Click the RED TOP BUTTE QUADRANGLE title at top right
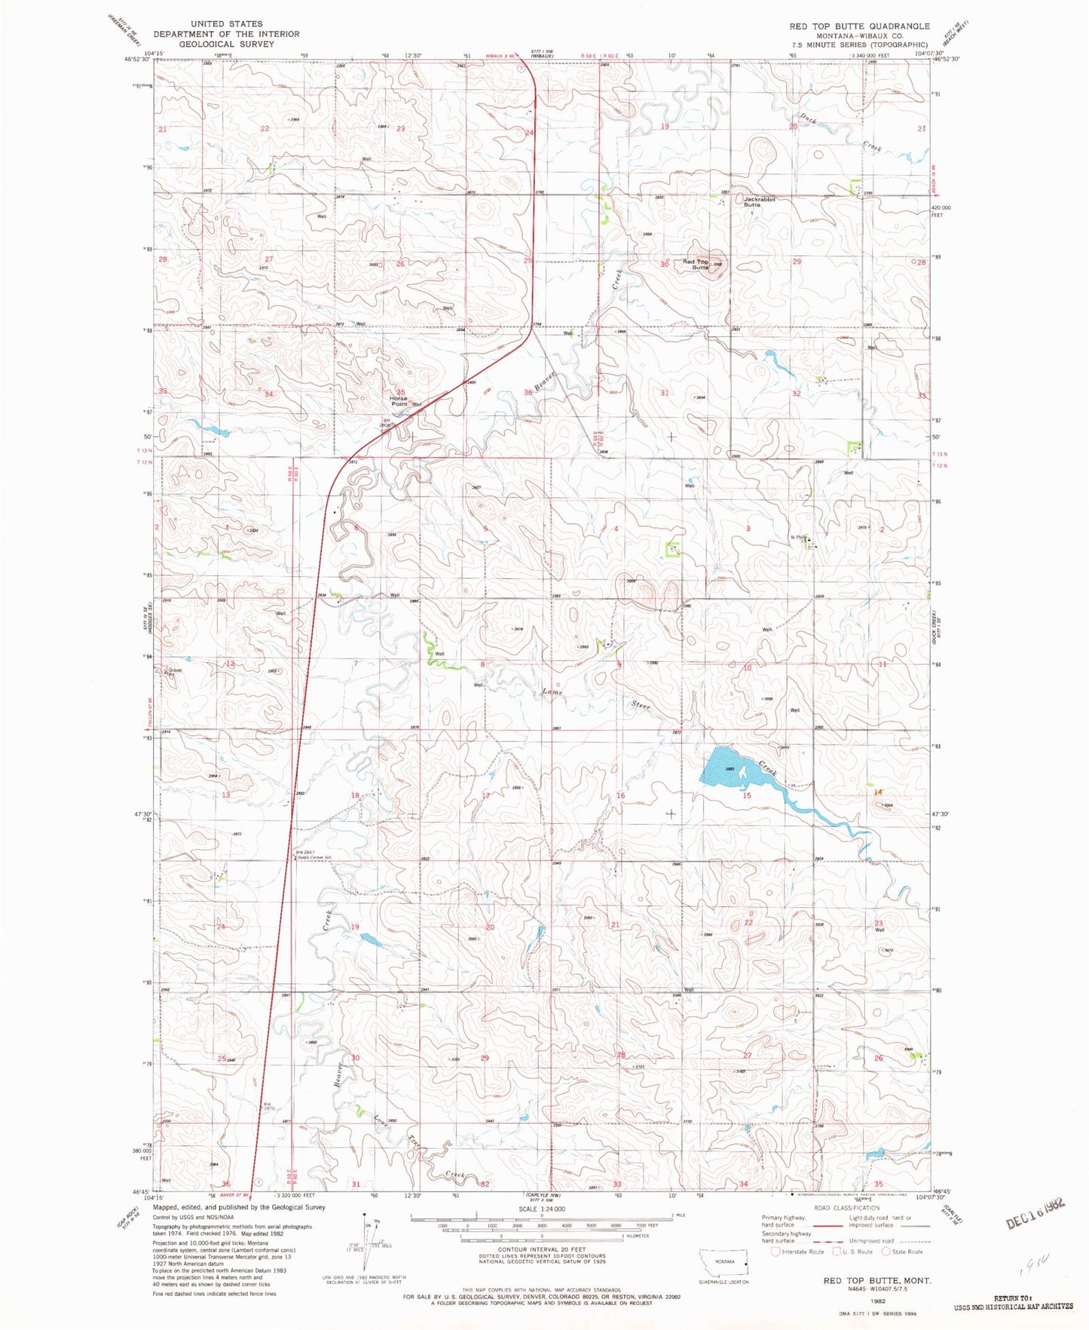pos(859,26)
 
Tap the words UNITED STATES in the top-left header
pos(226,24)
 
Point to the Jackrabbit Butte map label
pos(758,202)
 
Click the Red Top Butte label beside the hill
pos(696,265)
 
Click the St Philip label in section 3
pos(798,538)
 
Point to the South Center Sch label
pos(314,858)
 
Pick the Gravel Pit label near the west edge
pos(174,671)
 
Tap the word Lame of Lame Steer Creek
pos(553,692)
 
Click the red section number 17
pos(486,796)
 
